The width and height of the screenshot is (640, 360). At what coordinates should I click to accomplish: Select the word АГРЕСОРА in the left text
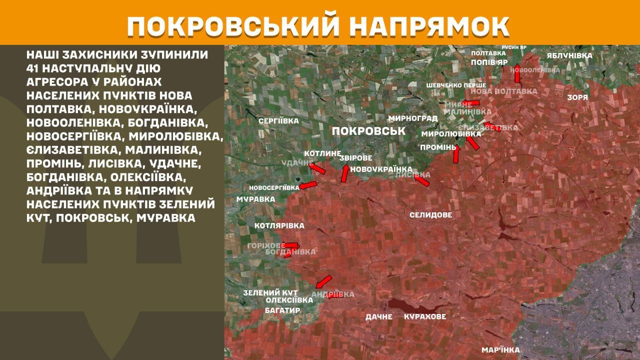(x=54, y=81)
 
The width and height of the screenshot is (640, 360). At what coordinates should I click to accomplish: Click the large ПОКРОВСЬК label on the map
(x=368, y=131)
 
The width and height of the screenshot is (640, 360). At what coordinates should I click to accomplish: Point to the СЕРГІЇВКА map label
(x=278, y=121)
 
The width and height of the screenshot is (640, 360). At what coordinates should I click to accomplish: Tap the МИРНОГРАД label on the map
(x=412, y=118)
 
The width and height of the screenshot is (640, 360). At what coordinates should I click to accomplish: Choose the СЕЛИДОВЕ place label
(x=430, y=215)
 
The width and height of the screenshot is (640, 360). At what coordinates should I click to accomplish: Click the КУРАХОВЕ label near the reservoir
(x=425, y=316)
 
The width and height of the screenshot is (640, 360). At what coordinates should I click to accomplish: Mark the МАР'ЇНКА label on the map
(x=500, y=350)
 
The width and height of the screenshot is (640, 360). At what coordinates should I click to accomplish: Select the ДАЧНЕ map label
(x=378, y=316)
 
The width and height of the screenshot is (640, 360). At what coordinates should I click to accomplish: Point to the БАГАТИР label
(x=282, y=310)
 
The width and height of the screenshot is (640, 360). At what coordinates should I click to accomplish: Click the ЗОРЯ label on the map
(x=577, y=97)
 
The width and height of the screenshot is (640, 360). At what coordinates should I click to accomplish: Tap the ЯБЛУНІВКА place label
(x=569, y=55)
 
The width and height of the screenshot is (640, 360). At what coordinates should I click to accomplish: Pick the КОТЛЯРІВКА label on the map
(x=279, y=226)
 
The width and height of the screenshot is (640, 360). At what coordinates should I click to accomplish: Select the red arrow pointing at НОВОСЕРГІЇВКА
(x=308, y=185)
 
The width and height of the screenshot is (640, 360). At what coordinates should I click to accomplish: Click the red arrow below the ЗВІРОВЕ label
(x=345, y=172)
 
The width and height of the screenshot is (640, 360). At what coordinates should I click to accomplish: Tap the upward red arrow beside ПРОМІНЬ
(x=456, y=153)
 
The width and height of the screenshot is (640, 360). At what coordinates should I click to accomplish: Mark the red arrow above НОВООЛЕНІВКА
(x=517, y=69)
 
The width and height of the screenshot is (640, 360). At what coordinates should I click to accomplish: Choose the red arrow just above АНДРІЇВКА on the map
(x=324, y=281)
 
